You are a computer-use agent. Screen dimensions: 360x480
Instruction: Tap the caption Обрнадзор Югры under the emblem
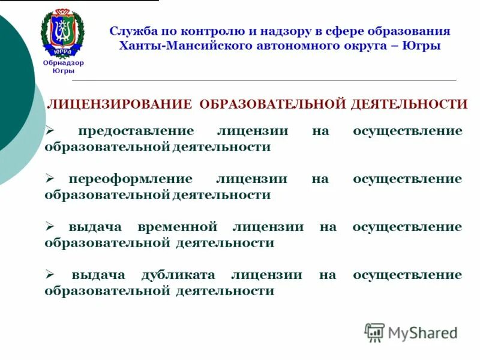[63, 67]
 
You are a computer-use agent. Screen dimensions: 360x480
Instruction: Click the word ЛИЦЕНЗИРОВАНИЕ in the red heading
[119, 104]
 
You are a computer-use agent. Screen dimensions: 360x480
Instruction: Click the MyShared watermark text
[422, 332]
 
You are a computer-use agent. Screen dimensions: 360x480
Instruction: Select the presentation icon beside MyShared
[374, 332]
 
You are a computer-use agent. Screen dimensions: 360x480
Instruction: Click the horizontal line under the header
[264, 80]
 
